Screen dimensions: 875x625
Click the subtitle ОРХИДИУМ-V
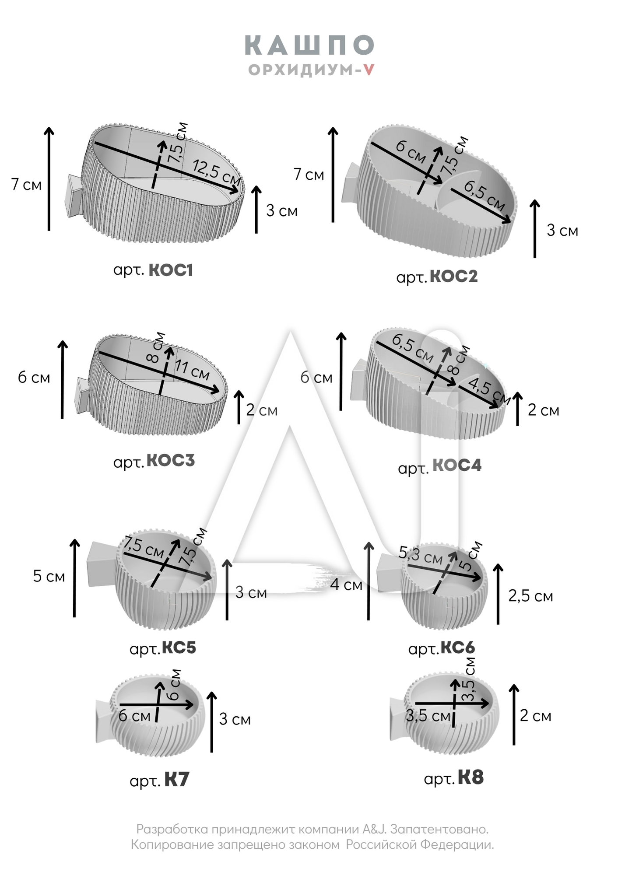click(311, 70)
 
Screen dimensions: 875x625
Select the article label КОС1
click(171, 270)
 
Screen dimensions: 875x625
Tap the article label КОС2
click(453, 276)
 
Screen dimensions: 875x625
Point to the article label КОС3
click(170, 461)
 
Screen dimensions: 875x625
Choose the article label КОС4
click(457, 465)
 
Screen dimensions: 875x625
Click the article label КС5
click(179, 647)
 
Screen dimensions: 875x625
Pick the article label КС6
click(457, 647)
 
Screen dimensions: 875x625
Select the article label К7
click(177, 780)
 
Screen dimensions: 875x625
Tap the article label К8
click(471, 777)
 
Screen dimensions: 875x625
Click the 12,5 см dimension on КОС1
click(216, 171)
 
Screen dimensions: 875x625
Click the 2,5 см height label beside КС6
click(530, 596)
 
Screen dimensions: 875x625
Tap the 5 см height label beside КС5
click(49, 576)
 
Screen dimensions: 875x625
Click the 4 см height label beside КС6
click(346, 584)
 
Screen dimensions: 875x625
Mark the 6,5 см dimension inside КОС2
click(484, 195)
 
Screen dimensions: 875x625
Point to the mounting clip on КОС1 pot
click(73, 196)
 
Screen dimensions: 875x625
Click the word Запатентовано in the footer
click(439, 829)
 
